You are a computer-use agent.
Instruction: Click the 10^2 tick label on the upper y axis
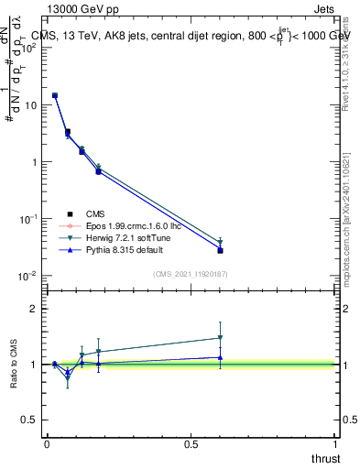point(29,48)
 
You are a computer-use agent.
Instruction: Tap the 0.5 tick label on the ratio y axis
point(31,420)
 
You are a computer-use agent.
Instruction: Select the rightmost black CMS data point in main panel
point(221,250)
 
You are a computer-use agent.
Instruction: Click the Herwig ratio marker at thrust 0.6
point(221,338)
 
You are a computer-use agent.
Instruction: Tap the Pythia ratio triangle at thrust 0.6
point(221,357)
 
